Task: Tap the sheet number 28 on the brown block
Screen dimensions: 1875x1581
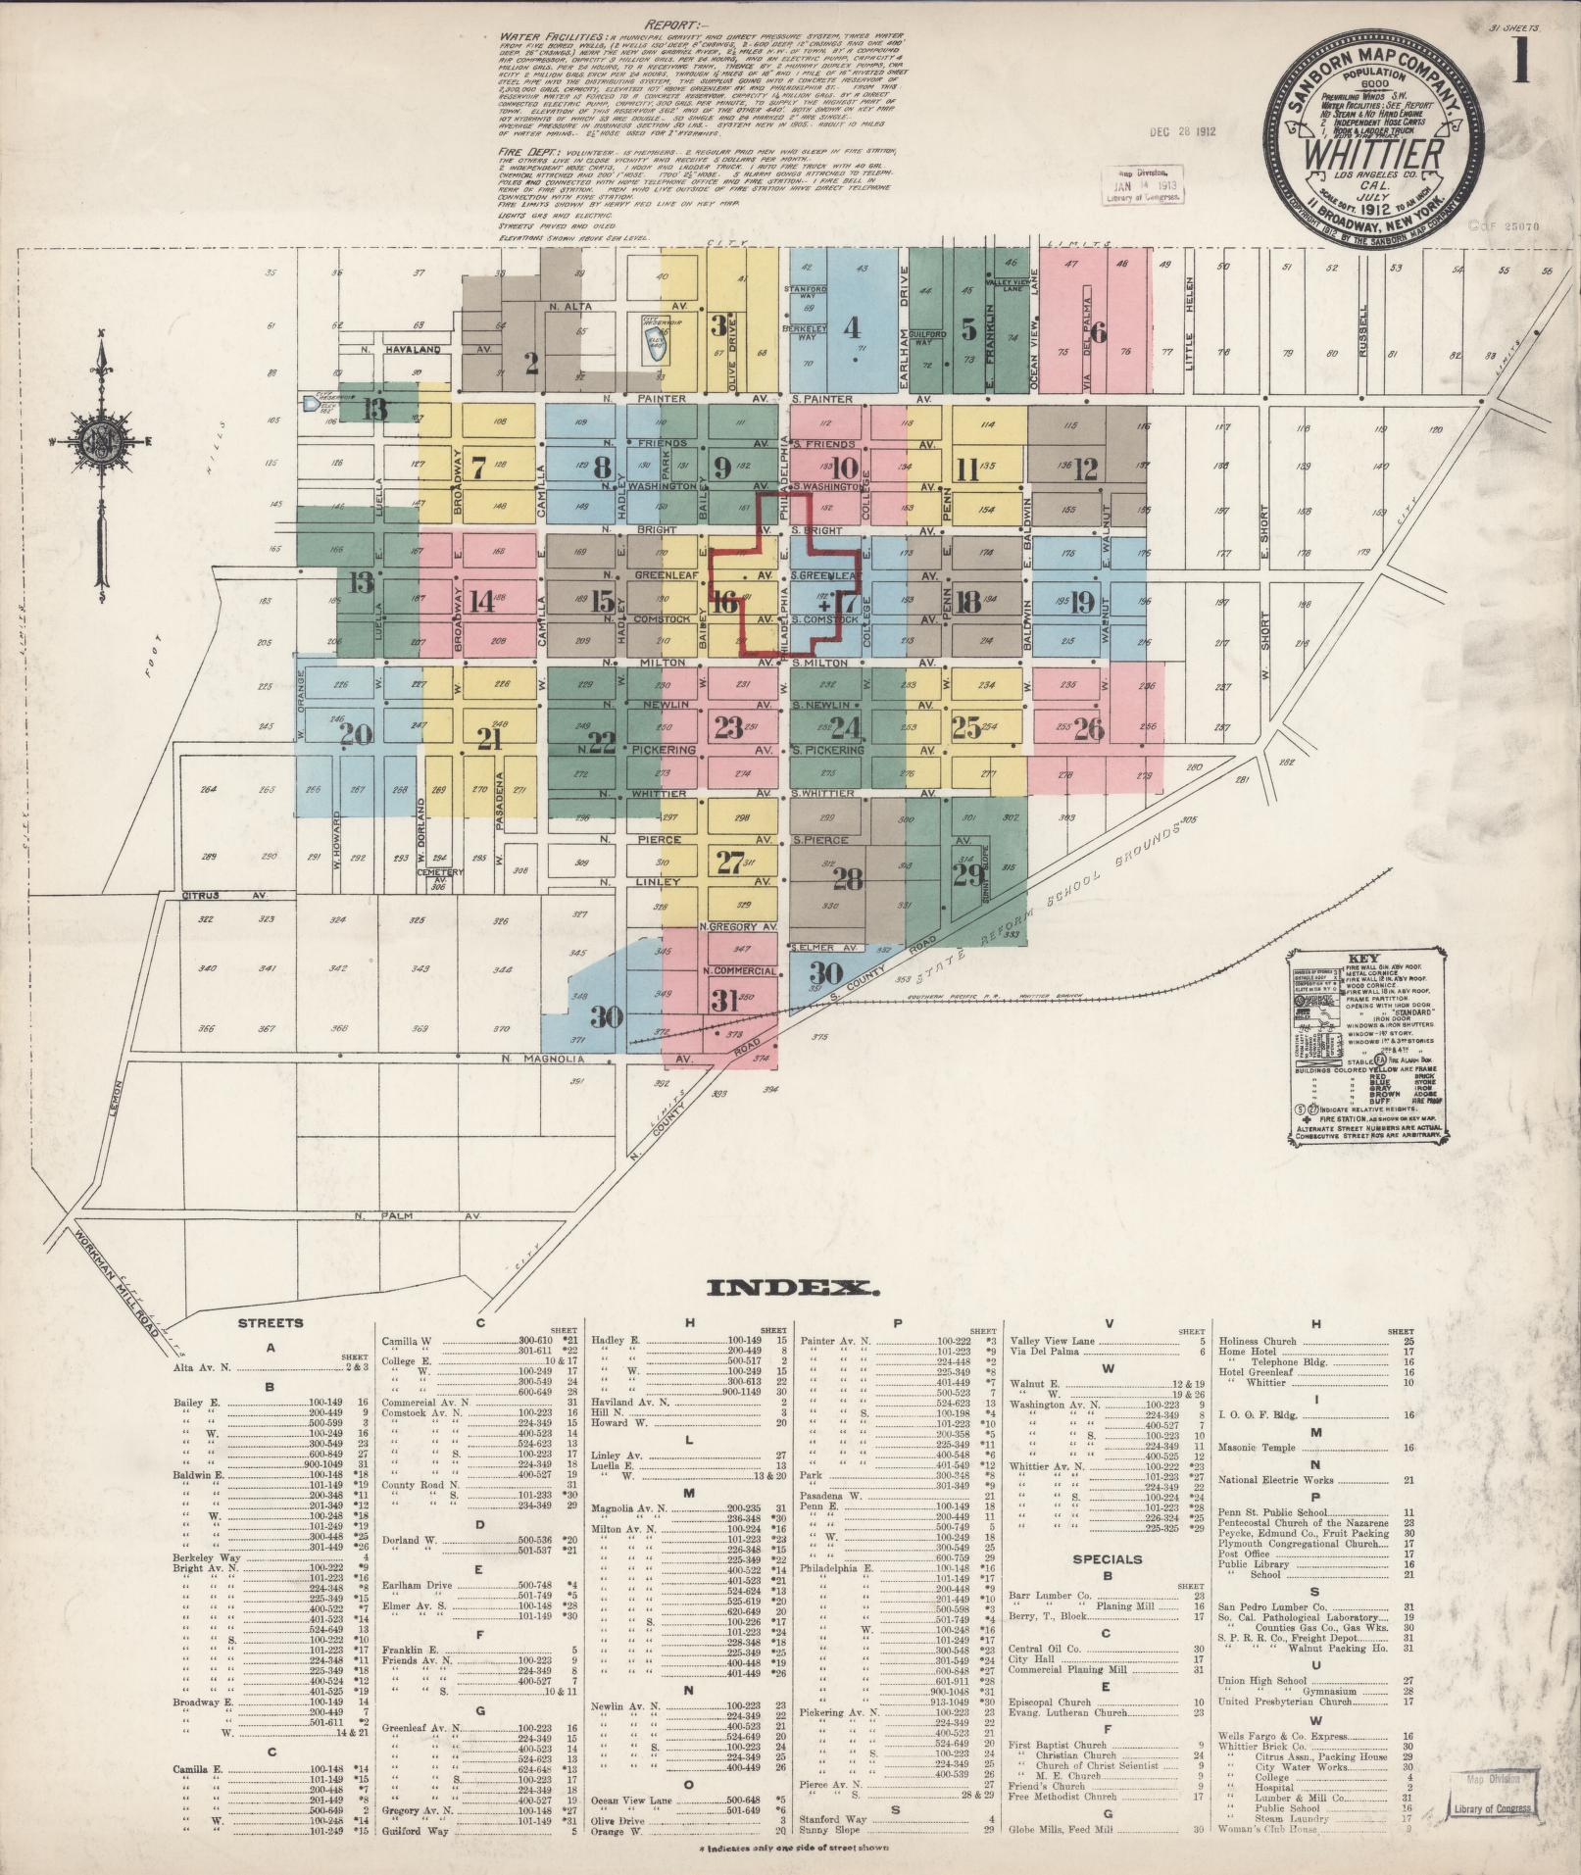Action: coord(847,879)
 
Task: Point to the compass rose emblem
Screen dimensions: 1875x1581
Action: coord(101,437)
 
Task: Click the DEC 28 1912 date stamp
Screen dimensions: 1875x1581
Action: coord(1183,130)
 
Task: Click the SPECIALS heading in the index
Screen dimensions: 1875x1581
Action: coord(1107,1557)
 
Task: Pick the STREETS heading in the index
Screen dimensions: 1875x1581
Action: coord(271,1323)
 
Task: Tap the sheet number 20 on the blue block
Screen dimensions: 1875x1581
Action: coord(356,733)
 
